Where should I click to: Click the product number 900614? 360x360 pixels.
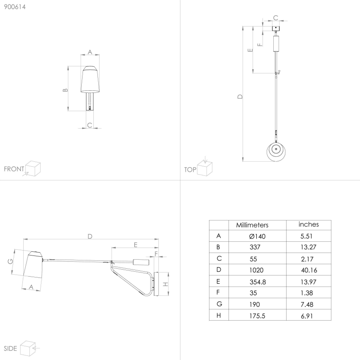[x=15, y=7]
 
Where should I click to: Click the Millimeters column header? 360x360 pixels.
[x=252, y=225]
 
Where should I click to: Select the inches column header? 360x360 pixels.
[x=309, y=224]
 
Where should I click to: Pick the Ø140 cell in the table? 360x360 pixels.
[x=257, y=236]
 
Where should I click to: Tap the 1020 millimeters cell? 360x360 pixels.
[x=256, y=270]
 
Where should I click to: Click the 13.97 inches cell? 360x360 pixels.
[x=308, y=282]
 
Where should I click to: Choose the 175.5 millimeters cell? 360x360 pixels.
[x=257, y=316]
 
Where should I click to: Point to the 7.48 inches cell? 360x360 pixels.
[x=307, y=304]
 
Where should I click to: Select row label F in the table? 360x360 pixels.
[x=218, y=292]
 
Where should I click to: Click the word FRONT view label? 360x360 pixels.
[x=14, y=169]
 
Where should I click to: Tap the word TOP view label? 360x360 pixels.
[x=190, y=170]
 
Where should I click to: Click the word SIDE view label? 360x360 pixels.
[x=10, y=348]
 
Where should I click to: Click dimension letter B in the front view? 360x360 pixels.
[x=65, y=90]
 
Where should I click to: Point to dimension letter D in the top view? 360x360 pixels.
[x=240, y=97]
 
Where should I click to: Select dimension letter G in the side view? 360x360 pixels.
[x=10, y=261]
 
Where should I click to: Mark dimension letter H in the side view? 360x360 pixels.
[x=165, y=284]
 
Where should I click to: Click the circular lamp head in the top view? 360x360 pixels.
[x=276, y=151]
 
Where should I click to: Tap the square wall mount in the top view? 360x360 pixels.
[x=276, y=29]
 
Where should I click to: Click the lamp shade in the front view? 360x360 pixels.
[x=90, y=79]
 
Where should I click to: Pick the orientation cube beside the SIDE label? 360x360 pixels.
[x=28, y=348]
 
